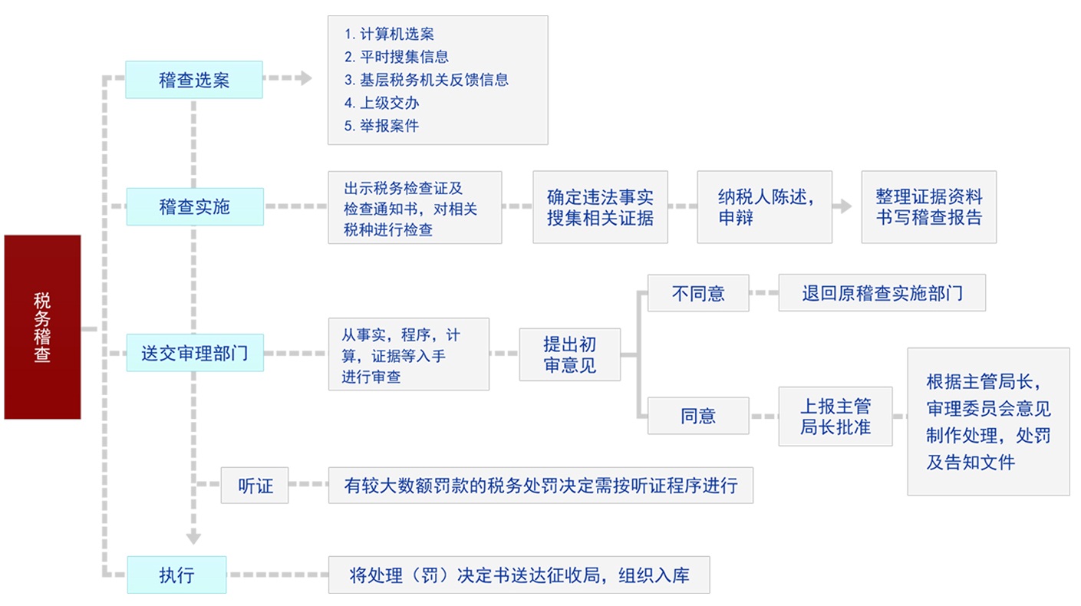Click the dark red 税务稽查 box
42,327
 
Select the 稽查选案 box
194,80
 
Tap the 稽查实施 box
195,206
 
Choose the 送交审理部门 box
195,353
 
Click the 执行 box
176,575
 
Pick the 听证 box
255,485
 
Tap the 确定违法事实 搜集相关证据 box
600,207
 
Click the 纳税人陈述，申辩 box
764,207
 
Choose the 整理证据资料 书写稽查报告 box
928,207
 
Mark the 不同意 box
698,293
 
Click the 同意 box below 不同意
698,416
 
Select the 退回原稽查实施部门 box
882,293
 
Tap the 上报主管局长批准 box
835,417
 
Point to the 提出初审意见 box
569,354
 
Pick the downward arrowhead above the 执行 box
193,538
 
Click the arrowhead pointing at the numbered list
306,78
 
